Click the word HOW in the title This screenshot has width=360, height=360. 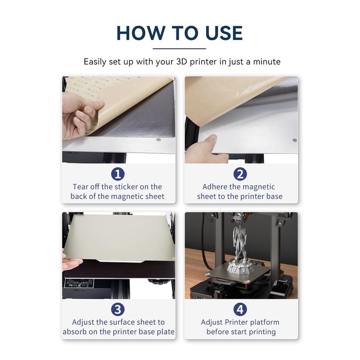click(x=141, y=33)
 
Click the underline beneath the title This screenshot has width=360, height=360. click(x=179, y=49)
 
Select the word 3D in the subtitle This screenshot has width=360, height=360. click(x=182, y=62)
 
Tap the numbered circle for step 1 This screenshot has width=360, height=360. click(x=118, y=174)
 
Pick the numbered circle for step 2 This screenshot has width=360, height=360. click(x=240, y=174)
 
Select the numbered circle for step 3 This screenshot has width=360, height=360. click(x=118, y=309)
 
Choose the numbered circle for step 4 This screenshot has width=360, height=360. click(x=240, y=309)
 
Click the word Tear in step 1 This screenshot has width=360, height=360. click(x=81, y=187)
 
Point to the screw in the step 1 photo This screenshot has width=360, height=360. click(x=158, y=139)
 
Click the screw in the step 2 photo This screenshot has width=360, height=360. click(x=295, y=140)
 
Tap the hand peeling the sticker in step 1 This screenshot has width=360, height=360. click(x=81, y=116)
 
